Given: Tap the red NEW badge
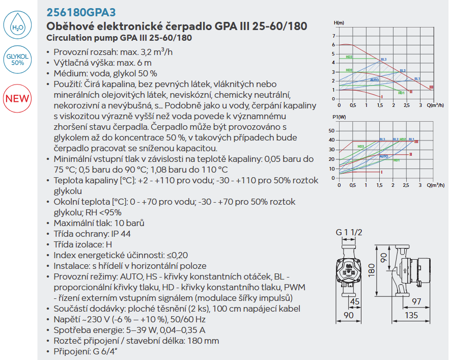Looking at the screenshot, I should click(17, 97).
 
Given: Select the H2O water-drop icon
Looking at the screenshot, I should click(17, 24).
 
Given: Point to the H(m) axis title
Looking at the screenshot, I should click(339, 23).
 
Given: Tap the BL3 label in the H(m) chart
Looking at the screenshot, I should click(383, 60).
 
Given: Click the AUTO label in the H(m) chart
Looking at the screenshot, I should click(374, 80).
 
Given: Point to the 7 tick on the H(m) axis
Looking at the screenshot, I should click(333, 36).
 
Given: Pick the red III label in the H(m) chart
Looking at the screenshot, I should click(432, 87).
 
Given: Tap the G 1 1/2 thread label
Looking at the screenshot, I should click(349, 233).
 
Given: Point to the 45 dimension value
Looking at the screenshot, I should click(355, 301).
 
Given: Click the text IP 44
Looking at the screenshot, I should click(121, 234).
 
